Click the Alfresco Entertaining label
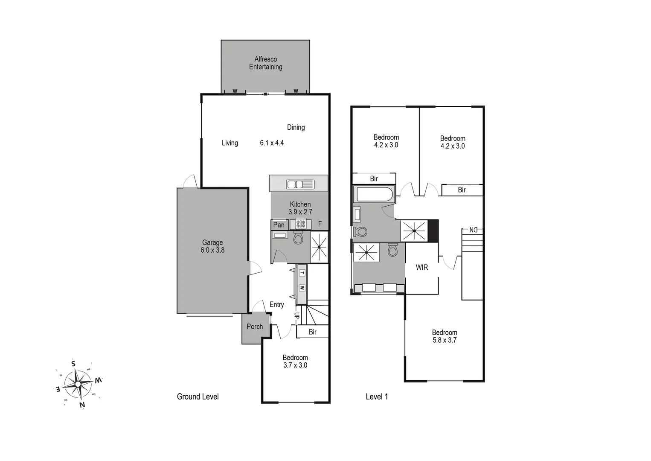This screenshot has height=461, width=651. [265, 63]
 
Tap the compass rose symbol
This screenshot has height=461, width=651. [78, 384]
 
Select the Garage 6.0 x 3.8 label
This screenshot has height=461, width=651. [212, 246]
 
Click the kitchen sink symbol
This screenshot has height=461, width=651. [300, 184]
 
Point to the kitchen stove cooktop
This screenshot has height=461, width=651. [300, 224]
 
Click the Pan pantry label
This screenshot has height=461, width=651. [279, 225]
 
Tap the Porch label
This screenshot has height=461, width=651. [255, 327]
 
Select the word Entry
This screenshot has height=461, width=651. [276, 304]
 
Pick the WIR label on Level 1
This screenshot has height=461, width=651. [422, 267]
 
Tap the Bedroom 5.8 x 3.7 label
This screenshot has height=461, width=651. [445, 336]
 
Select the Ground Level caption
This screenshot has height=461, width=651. [198, 397]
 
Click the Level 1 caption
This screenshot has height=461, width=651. [377, 397]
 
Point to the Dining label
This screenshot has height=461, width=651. [296, 127]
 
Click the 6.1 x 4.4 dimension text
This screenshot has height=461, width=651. [272, 143]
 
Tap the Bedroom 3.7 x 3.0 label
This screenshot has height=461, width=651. [295, 362]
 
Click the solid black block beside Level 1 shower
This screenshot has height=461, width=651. [433, 231]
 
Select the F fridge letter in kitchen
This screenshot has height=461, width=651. [320, 225]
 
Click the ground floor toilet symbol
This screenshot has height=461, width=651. [298, 237]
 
